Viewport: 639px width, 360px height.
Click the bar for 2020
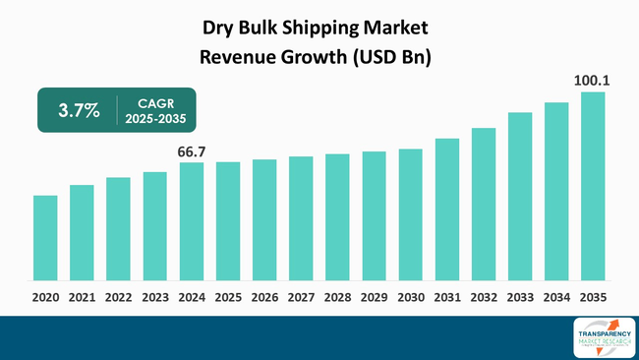click(45, 237)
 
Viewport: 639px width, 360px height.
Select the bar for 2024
click(192, 221)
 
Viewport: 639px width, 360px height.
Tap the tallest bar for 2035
click(593, 186)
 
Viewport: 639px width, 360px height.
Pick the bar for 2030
click(411, 214)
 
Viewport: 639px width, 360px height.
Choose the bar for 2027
click(301, 217)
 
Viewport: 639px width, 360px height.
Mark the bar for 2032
click(484, 204)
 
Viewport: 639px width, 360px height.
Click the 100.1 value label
click(593, 81)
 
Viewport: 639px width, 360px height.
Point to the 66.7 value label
click(192, 150)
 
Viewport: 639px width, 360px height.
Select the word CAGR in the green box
click(153, 101)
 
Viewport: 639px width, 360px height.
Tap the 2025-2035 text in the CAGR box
click(153, 119)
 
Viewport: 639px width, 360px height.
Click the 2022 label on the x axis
click(118, 296)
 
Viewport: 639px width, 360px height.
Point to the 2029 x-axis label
click(374, 296)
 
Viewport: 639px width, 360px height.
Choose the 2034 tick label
click(556, 296)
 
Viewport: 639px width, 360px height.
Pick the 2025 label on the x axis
click(228, 296)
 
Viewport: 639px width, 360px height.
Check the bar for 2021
click(82, 232)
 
